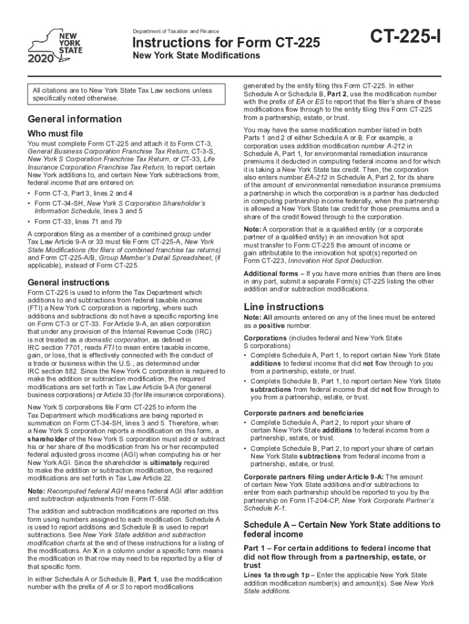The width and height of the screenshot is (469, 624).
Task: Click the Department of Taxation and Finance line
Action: (175, 31)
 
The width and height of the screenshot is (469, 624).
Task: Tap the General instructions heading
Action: (69, 283)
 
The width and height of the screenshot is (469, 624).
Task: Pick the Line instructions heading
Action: (283, 307)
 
